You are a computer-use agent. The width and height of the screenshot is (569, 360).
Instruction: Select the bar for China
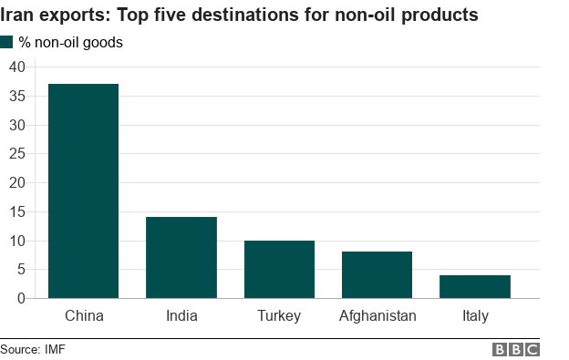pos(83,190)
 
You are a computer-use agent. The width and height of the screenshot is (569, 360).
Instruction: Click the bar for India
pos(181,257)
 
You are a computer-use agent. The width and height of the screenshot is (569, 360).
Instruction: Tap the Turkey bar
pos(279,269)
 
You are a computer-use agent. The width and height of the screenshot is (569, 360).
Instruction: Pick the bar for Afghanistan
pos(377,274)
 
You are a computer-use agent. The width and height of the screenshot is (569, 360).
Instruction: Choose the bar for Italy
pos(474,286)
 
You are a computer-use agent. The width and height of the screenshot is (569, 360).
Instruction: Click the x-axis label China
pos(84,316)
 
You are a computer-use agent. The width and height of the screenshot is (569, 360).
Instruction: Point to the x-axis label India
pos(181,316)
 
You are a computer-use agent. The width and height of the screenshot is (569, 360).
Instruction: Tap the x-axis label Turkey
pos(279,316)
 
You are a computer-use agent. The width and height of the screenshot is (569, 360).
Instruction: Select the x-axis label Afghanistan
pos(378,316)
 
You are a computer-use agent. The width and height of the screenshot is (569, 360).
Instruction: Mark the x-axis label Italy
pos(474,316)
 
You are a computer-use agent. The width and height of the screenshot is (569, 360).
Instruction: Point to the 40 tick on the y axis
pos(16,67)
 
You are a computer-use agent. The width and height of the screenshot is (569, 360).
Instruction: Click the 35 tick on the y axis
pos(16,96)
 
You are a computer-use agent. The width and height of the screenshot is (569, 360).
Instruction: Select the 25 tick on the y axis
pos(16,154)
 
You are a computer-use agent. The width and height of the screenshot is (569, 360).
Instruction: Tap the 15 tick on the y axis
pos(16,211)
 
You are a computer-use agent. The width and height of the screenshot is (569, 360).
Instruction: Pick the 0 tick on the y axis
pos(21,298)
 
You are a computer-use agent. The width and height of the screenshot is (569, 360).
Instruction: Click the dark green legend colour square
pos(7,42)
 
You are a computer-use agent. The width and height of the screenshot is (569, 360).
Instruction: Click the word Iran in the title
pos(18,15)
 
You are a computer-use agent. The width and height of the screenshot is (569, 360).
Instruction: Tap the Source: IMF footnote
pos(33,349)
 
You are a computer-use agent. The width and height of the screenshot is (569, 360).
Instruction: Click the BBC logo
pos(516,349)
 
